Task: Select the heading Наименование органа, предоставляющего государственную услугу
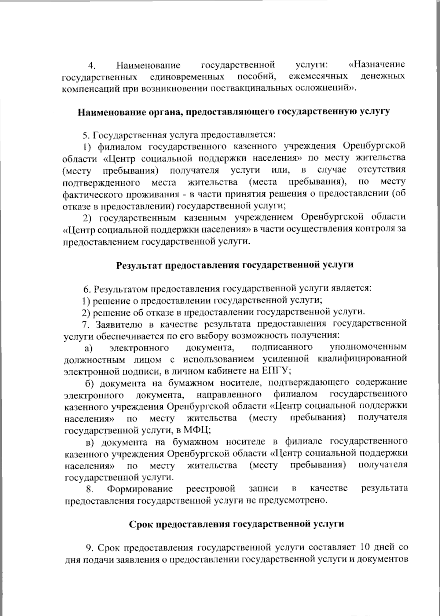click(234, 112)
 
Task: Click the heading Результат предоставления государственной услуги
click(235, 265)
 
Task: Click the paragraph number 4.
click(92, 66)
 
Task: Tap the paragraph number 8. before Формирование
click(90, 489)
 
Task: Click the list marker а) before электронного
click(88, 347)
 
